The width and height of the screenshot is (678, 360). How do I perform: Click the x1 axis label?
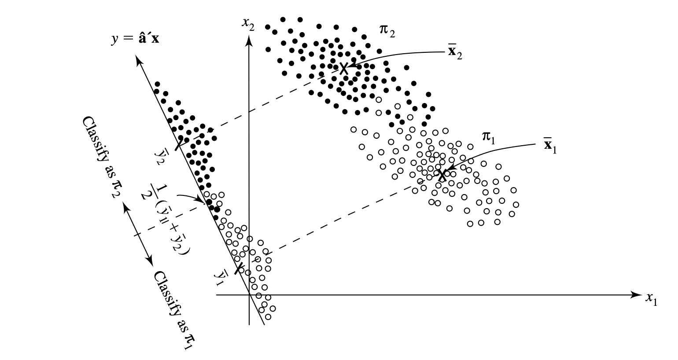pyautogui.click(x=652, y=300)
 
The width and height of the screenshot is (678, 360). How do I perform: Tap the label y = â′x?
pyautogui.click(x=135, y=39)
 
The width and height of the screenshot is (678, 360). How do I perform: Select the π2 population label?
pyautogui.click(x=387, y=30)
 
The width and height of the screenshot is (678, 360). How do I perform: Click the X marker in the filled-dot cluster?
pyautogui.click(x=344, y=68)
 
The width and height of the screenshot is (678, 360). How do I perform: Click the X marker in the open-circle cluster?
pyautogui.click(x=442, y=174)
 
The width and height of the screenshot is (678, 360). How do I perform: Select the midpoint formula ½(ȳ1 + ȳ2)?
pyautogui.click(x=166, y=218)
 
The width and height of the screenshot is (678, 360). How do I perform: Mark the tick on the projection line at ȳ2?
pyautogui.click(x=180, y=143)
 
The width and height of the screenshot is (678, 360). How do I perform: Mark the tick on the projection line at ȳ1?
pyautogui.click(x=239, y=268)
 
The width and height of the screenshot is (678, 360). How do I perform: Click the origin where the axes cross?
pyautogui.click(x=250, y=294)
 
